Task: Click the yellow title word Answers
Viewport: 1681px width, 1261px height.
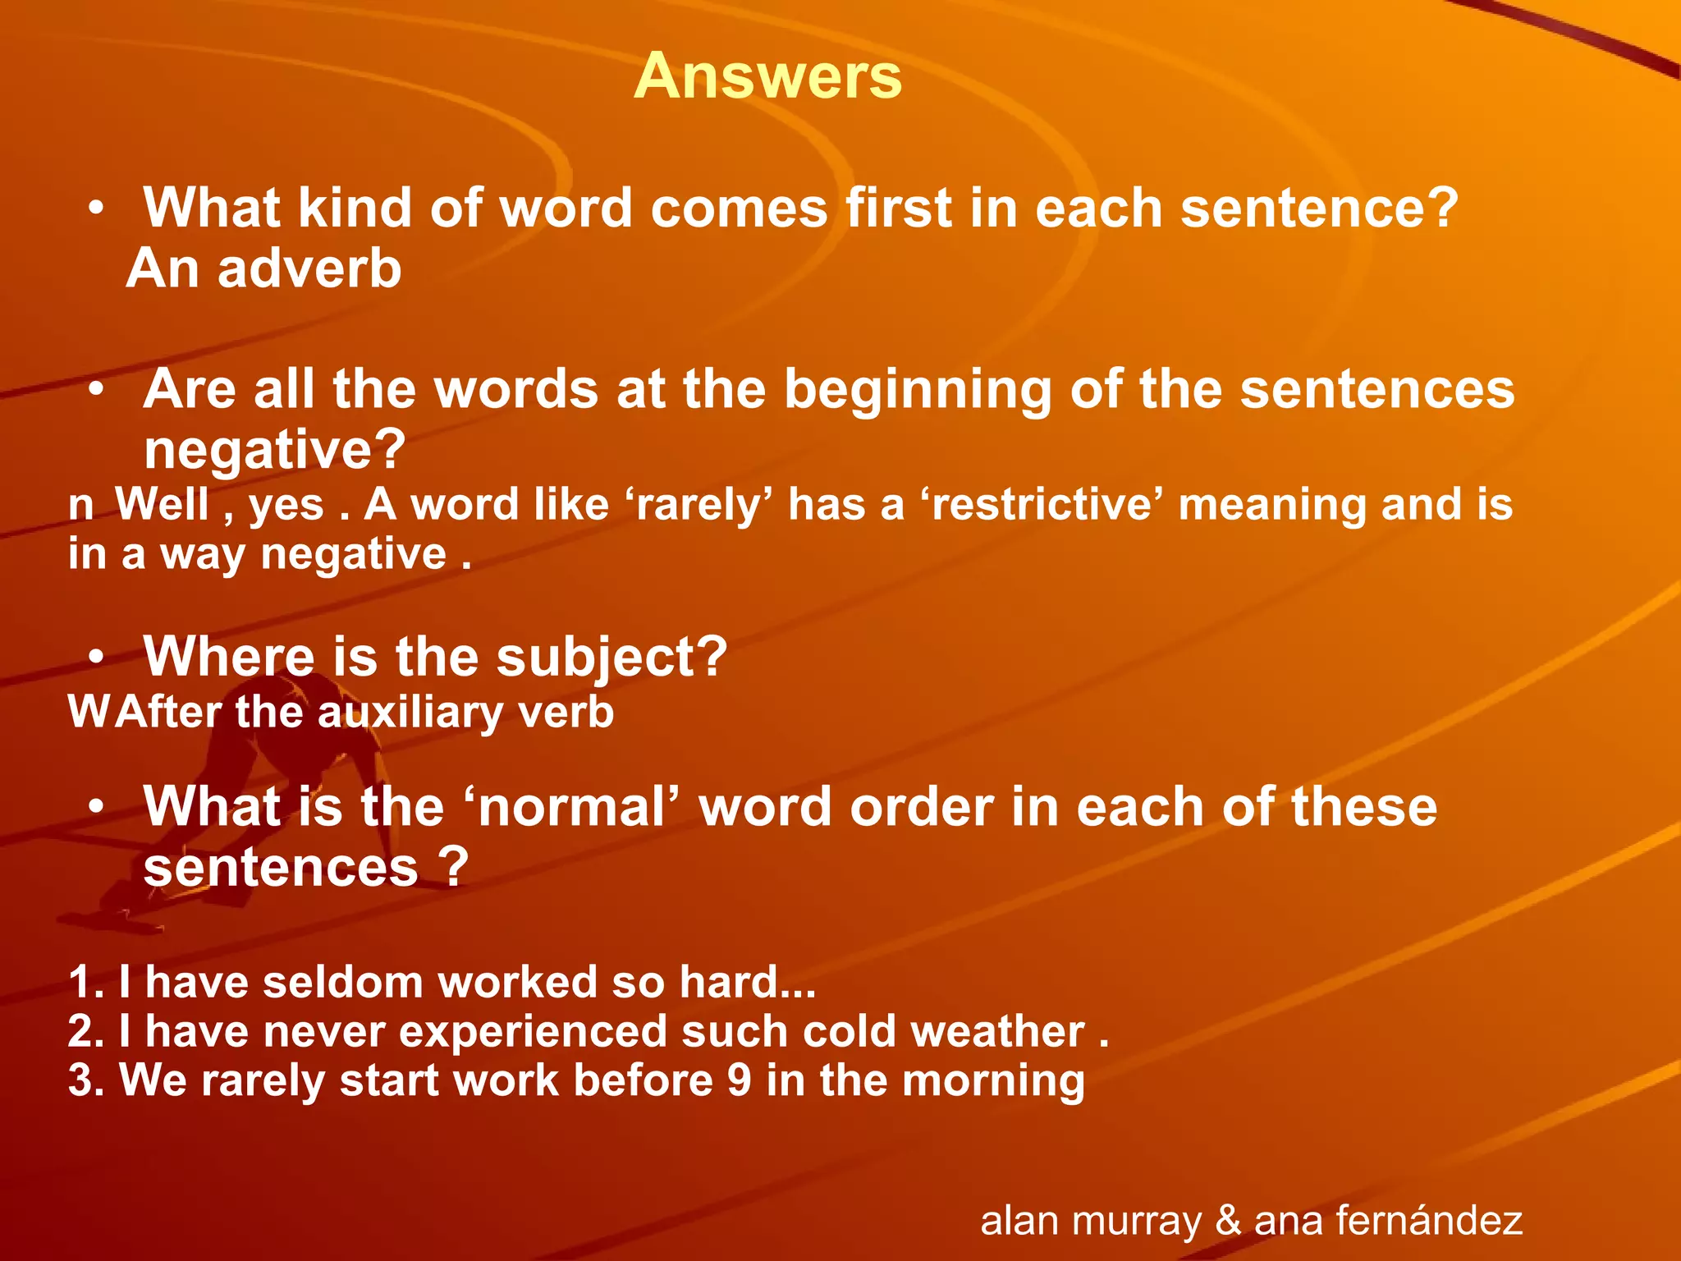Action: tap(767, 76)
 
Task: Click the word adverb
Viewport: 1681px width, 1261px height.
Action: tap(309, 269)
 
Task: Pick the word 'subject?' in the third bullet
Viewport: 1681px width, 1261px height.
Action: tap(611, 658)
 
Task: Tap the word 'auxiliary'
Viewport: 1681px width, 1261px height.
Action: tap(409, 713)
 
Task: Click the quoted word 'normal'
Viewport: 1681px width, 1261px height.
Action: tap(572, 807)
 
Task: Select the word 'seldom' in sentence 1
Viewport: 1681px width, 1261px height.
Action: tap(342, 982)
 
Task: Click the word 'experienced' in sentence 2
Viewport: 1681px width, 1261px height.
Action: tap(533, 1031)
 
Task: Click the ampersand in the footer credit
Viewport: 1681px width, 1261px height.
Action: tap(1228, 1221)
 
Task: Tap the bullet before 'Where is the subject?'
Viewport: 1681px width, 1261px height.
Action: tap(97, 658)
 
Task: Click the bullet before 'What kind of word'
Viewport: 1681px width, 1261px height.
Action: tap(97, 209)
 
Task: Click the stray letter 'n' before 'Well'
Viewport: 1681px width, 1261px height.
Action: tap(80, 506)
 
